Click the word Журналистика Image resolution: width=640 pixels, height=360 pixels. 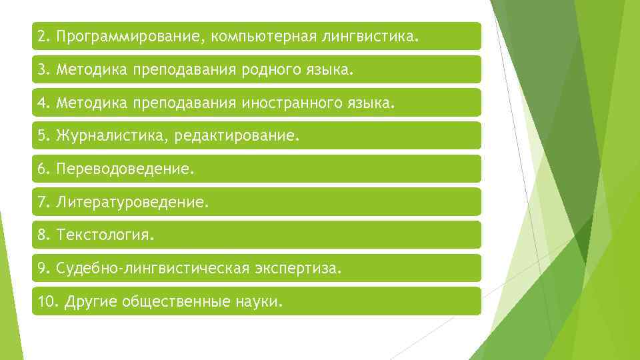tap(113, 136)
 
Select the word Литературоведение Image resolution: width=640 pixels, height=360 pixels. tap(133, 202)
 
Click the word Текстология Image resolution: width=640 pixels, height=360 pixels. tap(105, 235)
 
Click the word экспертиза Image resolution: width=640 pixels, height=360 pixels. tap(297, 269)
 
